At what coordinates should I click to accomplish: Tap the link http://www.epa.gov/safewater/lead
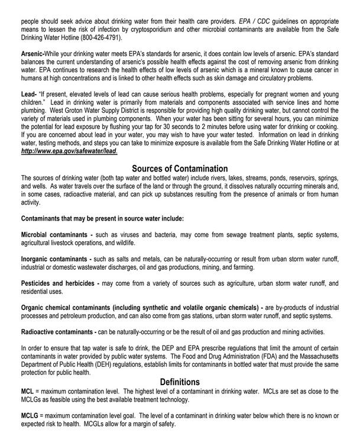point(69,151)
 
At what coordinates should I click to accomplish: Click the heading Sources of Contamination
point(180,169)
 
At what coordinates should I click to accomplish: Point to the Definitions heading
point(180,382)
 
